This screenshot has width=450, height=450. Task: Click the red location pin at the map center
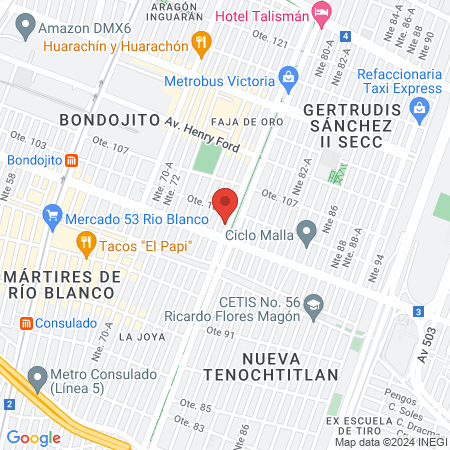(225, 203)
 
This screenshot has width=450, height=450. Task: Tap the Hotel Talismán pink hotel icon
(321, 14)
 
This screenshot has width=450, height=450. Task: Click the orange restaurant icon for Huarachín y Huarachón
(203, 43)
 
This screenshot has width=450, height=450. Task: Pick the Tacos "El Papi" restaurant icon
(87, 241)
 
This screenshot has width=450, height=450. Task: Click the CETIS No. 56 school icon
(315, 303)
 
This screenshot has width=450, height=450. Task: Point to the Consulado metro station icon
(23, 323)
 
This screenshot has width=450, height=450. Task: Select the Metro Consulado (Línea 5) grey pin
(38, 378)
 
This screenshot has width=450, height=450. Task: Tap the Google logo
(34, 437)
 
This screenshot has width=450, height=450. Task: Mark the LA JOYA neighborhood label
(140, 337)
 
